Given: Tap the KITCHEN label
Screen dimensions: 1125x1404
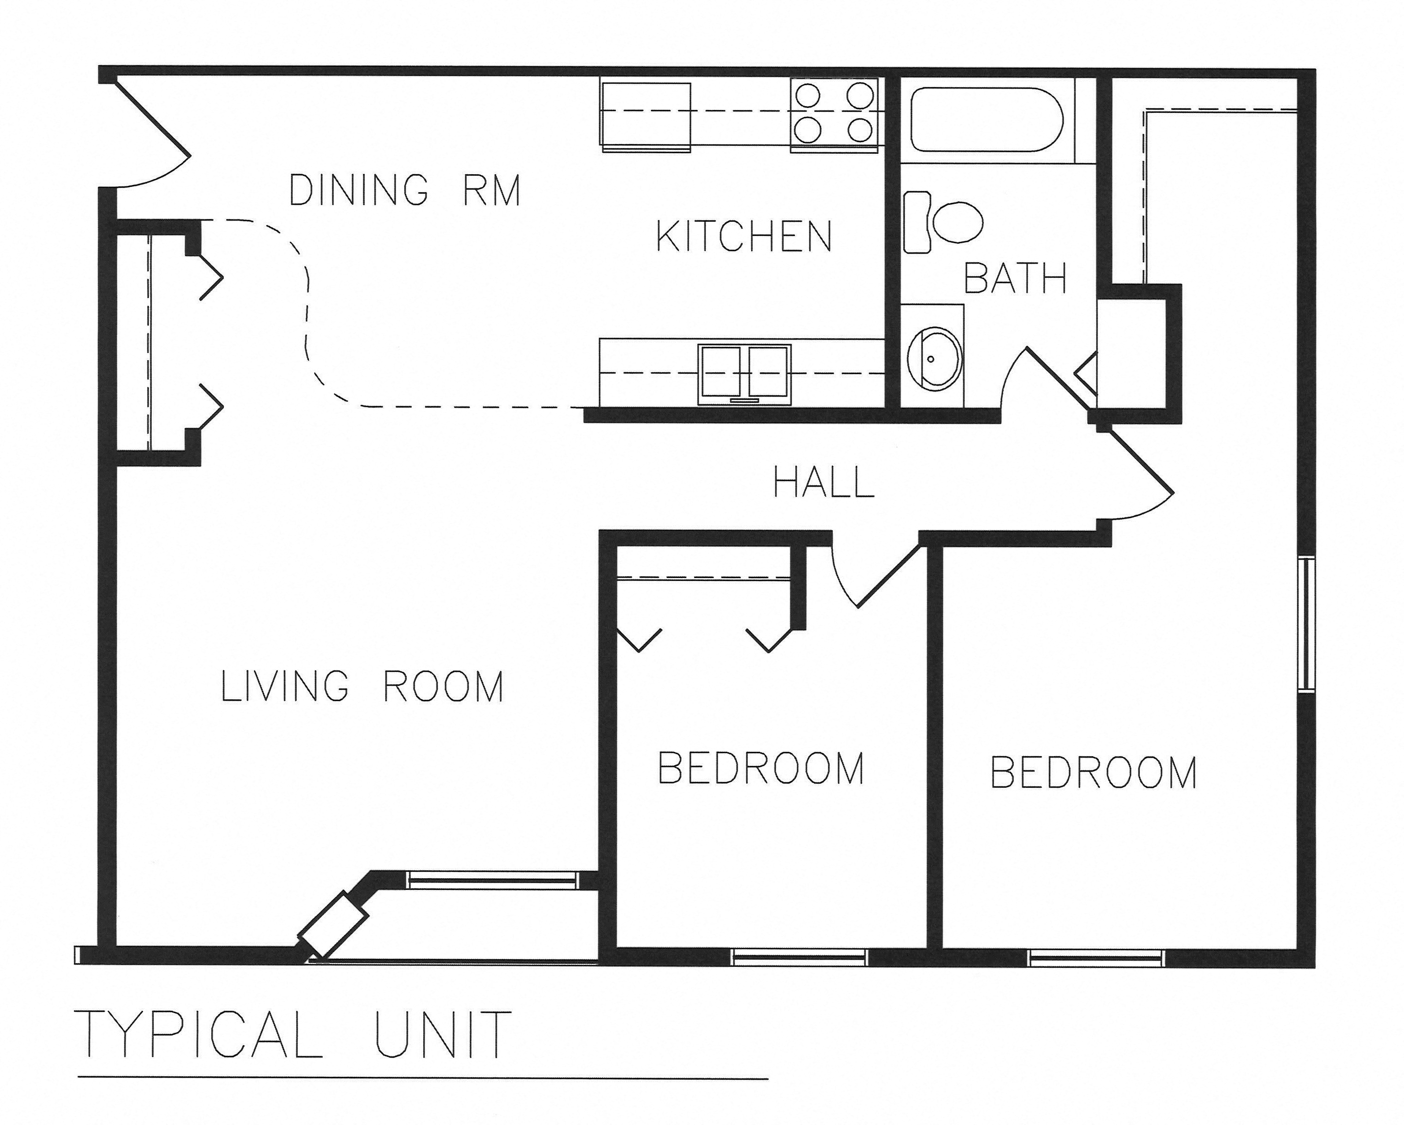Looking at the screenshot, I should [x=744, y=236].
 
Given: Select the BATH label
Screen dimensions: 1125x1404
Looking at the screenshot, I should [x=1015, y=279].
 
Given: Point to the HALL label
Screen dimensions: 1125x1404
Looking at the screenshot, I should [x=823, y=483].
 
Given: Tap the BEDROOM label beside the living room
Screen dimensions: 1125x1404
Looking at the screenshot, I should [x=760, y=768].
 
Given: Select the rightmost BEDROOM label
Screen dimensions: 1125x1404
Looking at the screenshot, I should [x=1093, y=773].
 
